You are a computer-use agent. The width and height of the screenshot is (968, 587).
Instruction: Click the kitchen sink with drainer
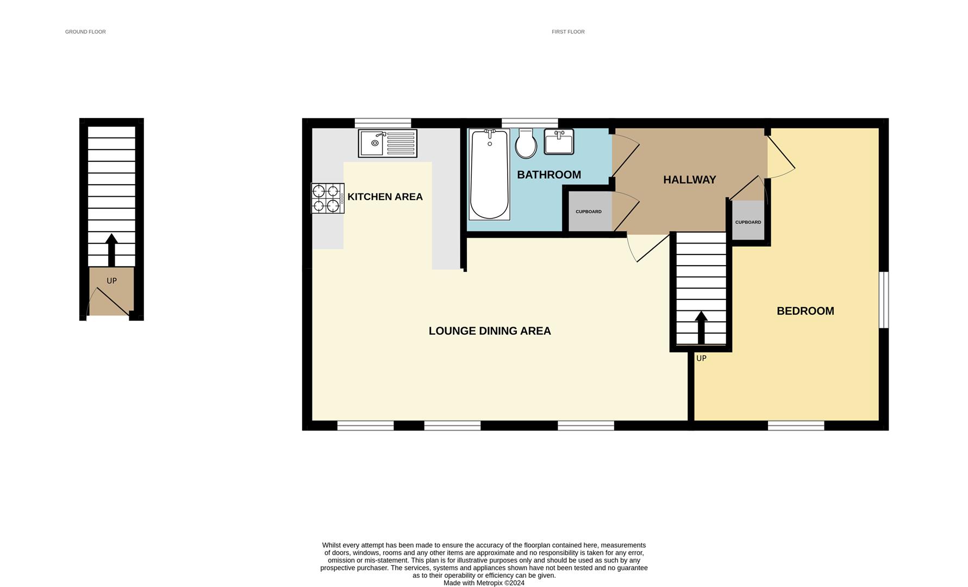coord(388,143)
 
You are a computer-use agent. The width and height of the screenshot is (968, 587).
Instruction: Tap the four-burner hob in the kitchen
coord(327,198)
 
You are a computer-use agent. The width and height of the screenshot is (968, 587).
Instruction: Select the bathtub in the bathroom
coord(489,174)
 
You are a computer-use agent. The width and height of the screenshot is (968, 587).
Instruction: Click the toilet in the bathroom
coord(526,143)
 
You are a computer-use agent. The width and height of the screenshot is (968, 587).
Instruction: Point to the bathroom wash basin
coord(559,141)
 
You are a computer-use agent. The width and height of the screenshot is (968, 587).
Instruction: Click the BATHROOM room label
coord(548,175)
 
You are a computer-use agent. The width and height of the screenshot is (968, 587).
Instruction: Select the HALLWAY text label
coord(689,180)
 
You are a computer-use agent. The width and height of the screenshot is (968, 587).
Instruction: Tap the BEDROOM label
coord(805,311)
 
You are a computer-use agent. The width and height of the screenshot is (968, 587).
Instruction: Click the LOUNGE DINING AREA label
coord(489,331)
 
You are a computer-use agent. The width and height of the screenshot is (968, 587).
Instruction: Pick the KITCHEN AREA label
coord(385,197)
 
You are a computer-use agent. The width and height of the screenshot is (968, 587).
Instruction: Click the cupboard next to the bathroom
coord(589,211)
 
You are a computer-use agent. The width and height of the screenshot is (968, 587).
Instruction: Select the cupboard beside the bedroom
coord(748,221)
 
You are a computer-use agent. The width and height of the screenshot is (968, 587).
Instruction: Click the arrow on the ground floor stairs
coord(111,249)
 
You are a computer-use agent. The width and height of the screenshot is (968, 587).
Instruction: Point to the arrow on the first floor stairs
coord(701,327)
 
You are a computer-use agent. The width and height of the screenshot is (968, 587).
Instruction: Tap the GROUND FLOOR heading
coord(85,32)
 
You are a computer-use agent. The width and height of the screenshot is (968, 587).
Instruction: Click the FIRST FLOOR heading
coord(568,32)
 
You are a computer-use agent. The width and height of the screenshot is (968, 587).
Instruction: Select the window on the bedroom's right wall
coord(884,300)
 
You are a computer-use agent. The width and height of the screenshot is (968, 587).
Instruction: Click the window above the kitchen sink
coord(383,123)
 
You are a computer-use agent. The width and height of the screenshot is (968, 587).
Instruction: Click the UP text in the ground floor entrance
coord(111,281)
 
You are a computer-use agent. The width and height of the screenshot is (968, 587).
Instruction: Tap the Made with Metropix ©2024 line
coord(484,583)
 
